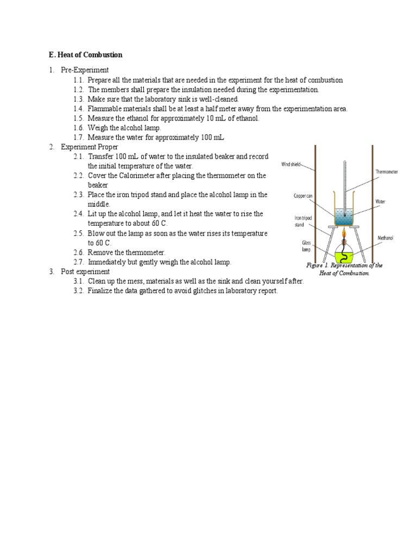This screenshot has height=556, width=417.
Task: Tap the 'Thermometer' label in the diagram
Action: click(x=387, y=172)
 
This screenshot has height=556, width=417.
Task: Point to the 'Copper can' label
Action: click(x=303, y=195)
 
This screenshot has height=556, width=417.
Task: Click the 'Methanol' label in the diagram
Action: click(x=386, y=238)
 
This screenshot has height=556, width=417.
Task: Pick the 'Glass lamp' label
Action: click(x=306, y=246)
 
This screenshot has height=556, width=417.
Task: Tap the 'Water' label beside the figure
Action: click(x=381, y=201)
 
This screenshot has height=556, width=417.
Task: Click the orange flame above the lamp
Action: click(x=344, y=234)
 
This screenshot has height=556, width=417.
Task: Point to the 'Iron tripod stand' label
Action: click(x=303, y=220)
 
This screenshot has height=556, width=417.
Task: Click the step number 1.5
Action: click(x=79, y=118)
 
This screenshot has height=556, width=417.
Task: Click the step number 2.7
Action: click(x=79, y=262)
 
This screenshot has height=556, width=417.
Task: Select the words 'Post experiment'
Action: click(x=85, y=271)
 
